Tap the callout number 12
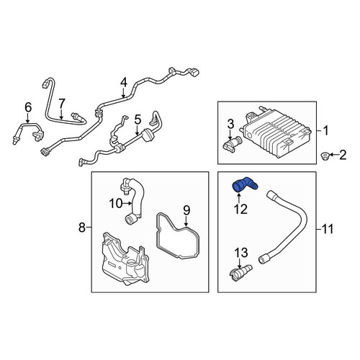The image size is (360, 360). point(240,210)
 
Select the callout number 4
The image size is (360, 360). point(123,83)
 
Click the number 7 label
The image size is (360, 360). point(62,104)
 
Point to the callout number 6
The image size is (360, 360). point(28,107)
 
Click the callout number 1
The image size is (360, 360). point(325,131)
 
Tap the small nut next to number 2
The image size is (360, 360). point(325,155)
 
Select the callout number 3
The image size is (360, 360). point(230,125)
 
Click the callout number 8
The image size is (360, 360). point(82,227)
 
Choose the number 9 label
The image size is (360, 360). point(186,210)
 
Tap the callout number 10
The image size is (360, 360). point(116,204)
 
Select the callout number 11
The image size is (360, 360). point(328,229)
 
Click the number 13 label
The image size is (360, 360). point(241,253)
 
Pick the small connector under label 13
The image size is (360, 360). point(240,272)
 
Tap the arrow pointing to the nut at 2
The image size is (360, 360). point(333,155)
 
